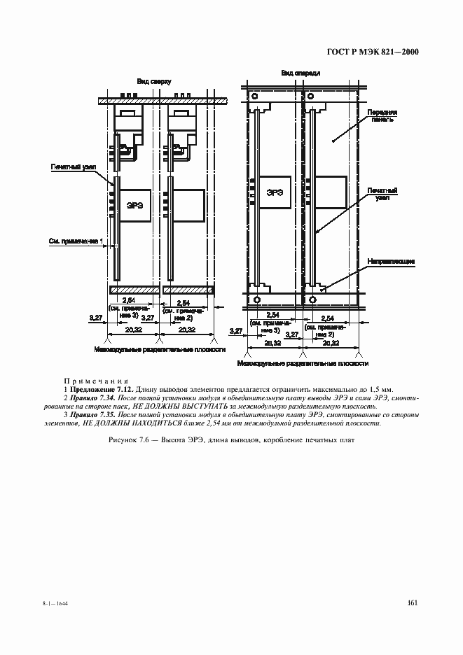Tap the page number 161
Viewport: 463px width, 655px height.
(x=412, y=603)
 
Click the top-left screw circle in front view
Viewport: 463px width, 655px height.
(x=255, y=97)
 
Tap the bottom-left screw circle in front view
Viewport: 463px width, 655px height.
(x=256, y=300)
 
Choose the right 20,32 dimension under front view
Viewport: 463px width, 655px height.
(x=331, y=344)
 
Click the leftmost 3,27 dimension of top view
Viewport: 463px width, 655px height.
(x=96, y=318)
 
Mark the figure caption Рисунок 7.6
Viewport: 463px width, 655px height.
(x=231, y=441)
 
